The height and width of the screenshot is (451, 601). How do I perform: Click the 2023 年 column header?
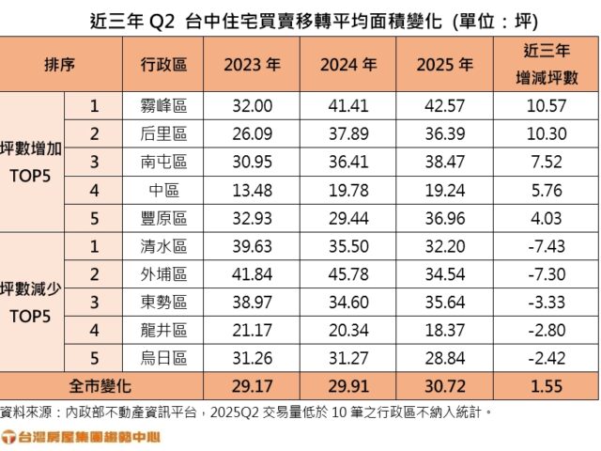click(251, 65)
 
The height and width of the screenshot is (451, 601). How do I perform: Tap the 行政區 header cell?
click(163, 65)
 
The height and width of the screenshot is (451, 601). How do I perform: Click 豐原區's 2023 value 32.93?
click(251, 219)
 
